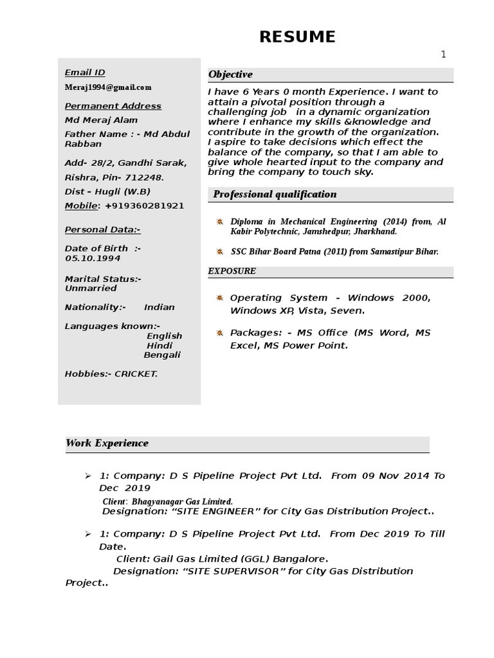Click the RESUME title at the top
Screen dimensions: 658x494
(297, 37)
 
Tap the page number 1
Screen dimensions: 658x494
(443, 55)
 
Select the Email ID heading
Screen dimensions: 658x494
(85, 73)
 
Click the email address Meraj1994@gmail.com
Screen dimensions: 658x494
(108, 87)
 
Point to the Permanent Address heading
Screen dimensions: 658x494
(113, 106)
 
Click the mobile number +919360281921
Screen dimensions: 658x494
(144, 206)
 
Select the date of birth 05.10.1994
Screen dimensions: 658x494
(93, 258)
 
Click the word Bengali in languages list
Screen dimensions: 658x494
(162, 355)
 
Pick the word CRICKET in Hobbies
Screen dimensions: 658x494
(136, 374)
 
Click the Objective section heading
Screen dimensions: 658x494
(230, 75)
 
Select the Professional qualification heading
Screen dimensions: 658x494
(275, 194)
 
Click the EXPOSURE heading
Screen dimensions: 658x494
(232, 271)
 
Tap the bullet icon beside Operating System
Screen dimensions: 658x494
(219, 298)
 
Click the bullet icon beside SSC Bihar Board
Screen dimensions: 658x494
(219, 251)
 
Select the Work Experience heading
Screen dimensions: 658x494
(107, 443)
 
